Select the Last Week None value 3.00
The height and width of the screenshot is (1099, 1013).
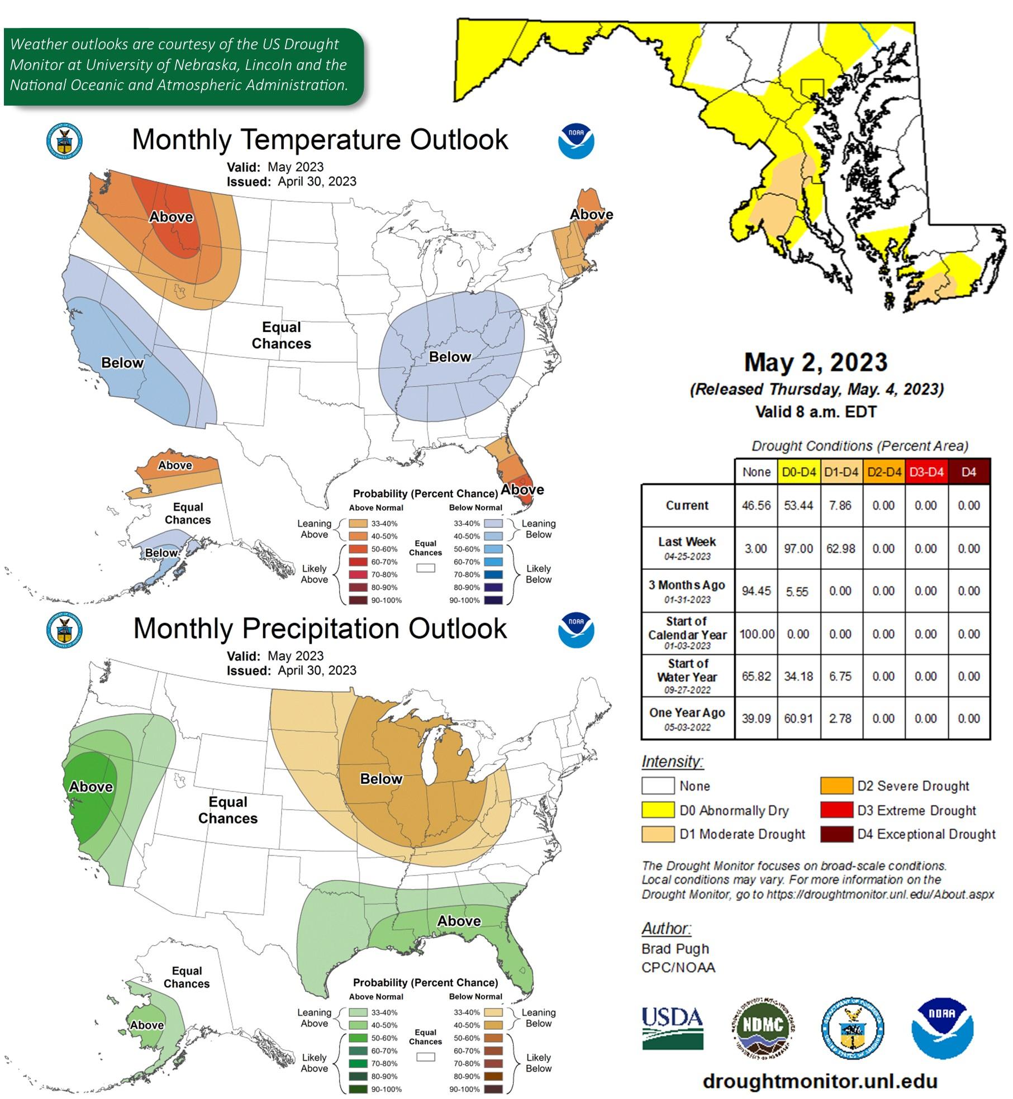755,549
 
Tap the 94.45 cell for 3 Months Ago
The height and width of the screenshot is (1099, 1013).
756,591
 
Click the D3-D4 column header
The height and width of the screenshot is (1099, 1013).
926,472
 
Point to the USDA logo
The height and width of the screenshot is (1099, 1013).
672,1028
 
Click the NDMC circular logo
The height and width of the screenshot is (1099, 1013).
763,1027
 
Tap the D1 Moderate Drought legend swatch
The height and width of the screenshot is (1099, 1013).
658,834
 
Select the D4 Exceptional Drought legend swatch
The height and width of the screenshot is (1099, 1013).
836,834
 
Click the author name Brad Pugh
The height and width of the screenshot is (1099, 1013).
675,949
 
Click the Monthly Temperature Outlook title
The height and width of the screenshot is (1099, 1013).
320,140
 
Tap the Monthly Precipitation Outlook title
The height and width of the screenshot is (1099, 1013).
320,629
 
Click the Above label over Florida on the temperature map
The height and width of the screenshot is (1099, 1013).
522,489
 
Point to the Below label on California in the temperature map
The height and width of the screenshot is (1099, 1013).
122,363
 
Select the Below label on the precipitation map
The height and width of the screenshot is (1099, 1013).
381,779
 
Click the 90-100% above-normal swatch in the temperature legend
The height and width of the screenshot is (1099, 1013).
358,600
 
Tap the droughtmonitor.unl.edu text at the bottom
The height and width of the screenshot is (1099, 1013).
820,1081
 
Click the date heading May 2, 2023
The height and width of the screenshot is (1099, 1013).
816,362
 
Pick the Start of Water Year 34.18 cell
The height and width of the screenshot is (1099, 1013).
798,676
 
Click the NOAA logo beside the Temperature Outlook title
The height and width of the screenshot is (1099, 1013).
576,141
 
